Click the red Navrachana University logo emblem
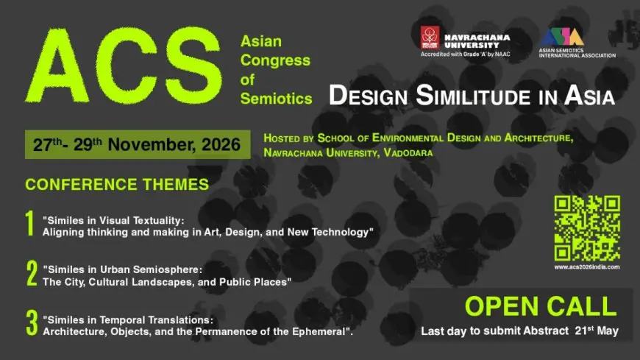coord(429,38)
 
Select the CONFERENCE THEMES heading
coord(117,184)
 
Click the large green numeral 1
coord(30,225)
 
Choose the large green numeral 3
coord(32,324)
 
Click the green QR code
coord(586,228)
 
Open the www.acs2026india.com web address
coord(587,267)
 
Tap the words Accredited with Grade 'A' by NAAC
coord(465,54)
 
